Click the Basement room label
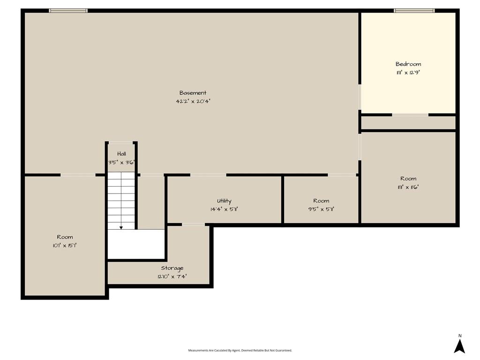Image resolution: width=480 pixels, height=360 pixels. click(x=193, y=93)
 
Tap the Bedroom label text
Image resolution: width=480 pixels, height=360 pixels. click(x=408, y=64)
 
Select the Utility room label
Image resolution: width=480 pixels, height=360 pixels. click(x=224, y=201)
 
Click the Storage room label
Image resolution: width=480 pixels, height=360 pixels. click(x=172, y=268)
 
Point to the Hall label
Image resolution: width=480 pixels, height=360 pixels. click(x=121, y=154)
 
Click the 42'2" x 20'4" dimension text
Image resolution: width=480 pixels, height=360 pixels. click(x=193, y=101)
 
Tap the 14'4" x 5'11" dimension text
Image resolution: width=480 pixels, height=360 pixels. click(x=224, y=210)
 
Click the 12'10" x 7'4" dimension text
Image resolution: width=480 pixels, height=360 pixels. click(x=172, y=277)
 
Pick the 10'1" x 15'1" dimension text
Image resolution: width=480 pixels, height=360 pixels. click(x=65, y=246)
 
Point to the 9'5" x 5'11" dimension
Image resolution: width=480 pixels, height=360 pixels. click(x=321, y=210)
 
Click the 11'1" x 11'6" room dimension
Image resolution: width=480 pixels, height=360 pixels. click(x=408, y=187)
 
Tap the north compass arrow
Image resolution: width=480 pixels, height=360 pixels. click(x=459, y=346)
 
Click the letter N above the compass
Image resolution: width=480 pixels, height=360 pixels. click(x=460, y=336)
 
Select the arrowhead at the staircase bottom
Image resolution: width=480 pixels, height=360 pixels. click(x=121, y=228)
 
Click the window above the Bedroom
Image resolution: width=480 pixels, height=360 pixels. click(x=414, y=11)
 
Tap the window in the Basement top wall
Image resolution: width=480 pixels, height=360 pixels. click(x=68, y=11)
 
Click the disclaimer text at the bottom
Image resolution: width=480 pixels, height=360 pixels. click(x=240, y=350)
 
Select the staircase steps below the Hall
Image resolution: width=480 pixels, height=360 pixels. click(x=121, y=201)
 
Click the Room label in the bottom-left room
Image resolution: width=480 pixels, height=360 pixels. click(x=65, y=237)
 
